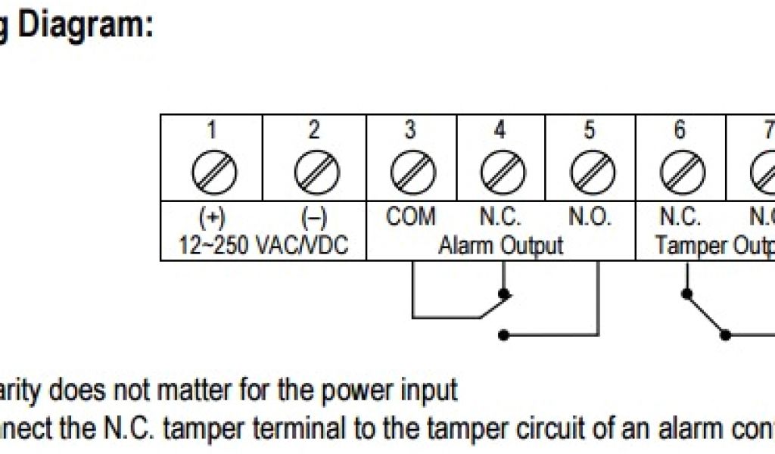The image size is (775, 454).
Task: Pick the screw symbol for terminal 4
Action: (x=500, y=173)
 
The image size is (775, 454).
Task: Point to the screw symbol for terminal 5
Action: (x=590, y=173)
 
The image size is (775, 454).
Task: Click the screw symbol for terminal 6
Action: (x=679, y=173)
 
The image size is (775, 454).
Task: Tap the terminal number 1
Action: (x=213, y=130)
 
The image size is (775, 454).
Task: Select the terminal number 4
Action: (x=500, y=130)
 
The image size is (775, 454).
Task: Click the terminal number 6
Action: (x=679, y=130)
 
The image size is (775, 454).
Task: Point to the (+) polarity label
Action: (x=212, y=219)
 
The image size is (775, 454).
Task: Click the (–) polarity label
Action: (x=314, y=219)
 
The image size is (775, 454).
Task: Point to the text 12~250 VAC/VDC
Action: (x=263, y=246)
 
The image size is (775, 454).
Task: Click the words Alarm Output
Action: (x=501, y=246)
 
